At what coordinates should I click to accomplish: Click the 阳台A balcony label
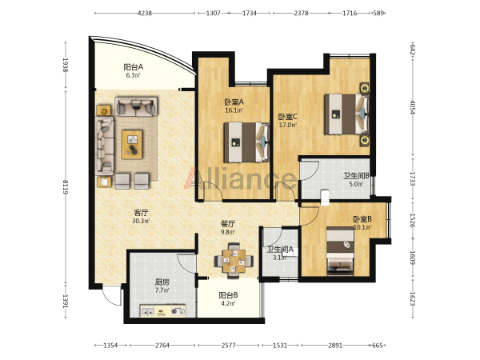(133, 66)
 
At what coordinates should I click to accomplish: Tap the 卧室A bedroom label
(234, 102)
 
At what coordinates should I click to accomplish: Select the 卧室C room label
(287, 117)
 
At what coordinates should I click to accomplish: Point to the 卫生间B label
(356, 176)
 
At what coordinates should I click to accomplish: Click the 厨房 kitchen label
(162, 282)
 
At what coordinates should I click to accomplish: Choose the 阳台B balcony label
(228, 295)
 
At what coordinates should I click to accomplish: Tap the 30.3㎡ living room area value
(141, 221)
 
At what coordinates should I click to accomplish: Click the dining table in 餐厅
(234, 261)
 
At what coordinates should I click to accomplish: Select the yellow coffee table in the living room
(132, 145)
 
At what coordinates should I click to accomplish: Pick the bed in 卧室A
(246, 142)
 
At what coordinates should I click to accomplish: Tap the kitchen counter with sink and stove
(163, 310)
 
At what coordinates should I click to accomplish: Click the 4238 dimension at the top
(145, 13)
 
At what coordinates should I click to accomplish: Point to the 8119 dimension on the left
(66, 187)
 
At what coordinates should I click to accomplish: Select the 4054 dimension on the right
(413, 107)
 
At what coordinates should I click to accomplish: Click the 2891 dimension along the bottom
(335, 346)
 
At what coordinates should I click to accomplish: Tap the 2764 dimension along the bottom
(162, 346)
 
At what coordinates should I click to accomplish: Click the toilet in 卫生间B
(325, 198)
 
